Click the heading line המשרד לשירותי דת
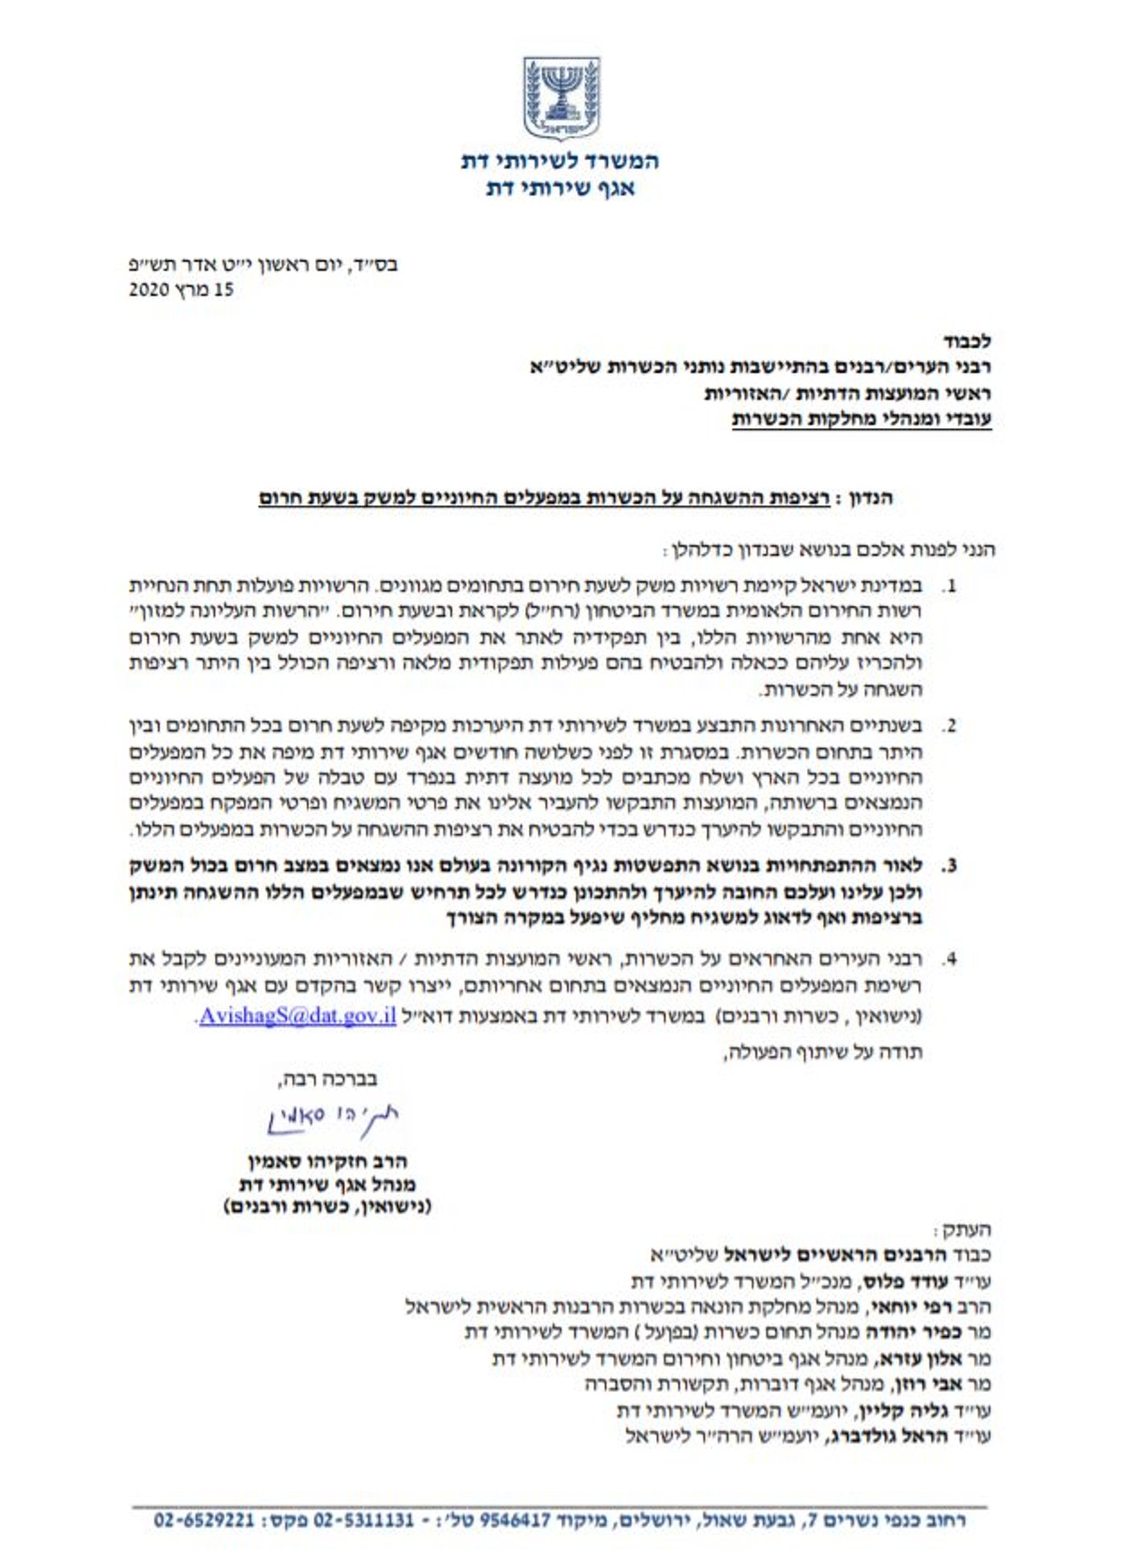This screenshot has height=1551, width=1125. (560, 161)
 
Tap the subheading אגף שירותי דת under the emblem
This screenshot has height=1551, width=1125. (560, 189)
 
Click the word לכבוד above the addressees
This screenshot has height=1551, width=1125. (967, 341)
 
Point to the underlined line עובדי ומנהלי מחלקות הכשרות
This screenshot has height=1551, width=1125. (861, 419)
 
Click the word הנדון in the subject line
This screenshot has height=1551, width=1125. (872, 498)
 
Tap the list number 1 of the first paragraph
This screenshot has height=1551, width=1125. (950, 586)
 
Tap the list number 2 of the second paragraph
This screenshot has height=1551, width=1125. (950, 727)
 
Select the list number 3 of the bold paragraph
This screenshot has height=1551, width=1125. (950, 867)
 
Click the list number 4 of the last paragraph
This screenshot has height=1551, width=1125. (950, 959)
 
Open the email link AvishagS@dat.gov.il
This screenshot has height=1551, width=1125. (297, 1015)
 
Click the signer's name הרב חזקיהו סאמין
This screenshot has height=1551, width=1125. (327, 1161)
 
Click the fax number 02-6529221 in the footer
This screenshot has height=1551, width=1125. (204, 1520)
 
